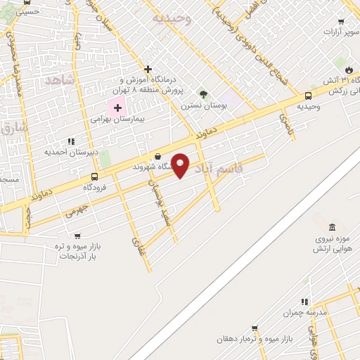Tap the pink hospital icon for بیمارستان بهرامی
click(117, 108)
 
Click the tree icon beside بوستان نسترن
click(203, 94)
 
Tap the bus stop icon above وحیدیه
click(308, 96)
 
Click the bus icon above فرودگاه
click(94, 176)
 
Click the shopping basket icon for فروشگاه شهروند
click(157, 157)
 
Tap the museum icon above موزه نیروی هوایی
click(332, 227)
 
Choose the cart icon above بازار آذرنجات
click(77, 236)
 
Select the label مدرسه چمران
click(302, 312)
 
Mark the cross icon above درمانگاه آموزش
click(148, 69)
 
